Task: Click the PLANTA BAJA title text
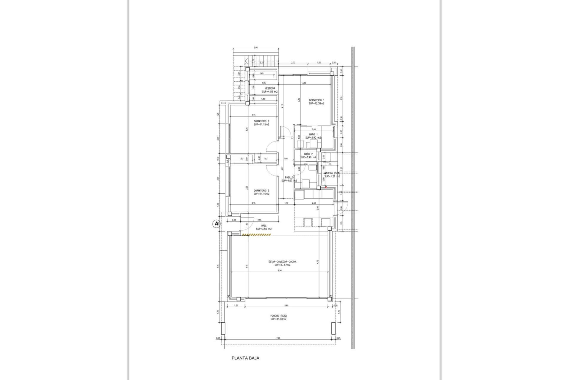tap(245, 358)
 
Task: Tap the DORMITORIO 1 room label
tap(317, 100)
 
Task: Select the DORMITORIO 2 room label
tap(261, 121)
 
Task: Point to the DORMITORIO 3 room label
tap(261, 191)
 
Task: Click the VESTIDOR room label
tap(270, 88)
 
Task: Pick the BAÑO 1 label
tap(313, 134)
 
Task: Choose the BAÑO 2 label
tap(308, 154)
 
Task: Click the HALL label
tap(264, 226)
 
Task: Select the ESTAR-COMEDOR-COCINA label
tap(282, 262)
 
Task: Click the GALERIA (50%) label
tap(332, 173)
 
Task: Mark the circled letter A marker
tap(217, 224)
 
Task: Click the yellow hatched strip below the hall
tap(256, 235)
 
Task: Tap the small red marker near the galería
tap(326, 187)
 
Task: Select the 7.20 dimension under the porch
tap(278, 338)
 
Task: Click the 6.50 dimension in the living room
tap(279, 270)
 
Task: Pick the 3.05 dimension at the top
tap(256, 47)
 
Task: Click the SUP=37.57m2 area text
tap(282, 265)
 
